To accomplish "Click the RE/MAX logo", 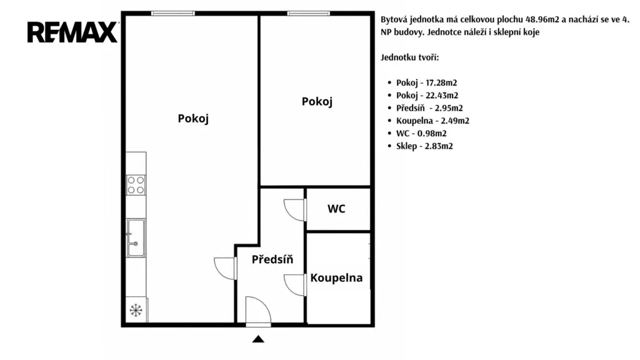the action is [72, 32].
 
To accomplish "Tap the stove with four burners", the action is [136, 185].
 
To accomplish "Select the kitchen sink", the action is [136, 238].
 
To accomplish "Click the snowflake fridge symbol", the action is [136, 310].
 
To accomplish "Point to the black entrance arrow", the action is [258, 339].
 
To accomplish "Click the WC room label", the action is [336, 209].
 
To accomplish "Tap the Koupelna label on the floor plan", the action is [336, 278].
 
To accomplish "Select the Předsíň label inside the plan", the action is [272, 259].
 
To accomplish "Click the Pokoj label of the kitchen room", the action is [193, 119].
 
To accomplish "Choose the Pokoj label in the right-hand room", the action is [317, 102].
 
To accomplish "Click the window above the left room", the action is [173, 14].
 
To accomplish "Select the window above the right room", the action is [309, 14].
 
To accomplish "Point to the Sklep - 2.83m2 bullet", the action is [424, 146].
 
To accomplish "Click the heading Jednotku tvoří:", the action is [410, 57].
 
